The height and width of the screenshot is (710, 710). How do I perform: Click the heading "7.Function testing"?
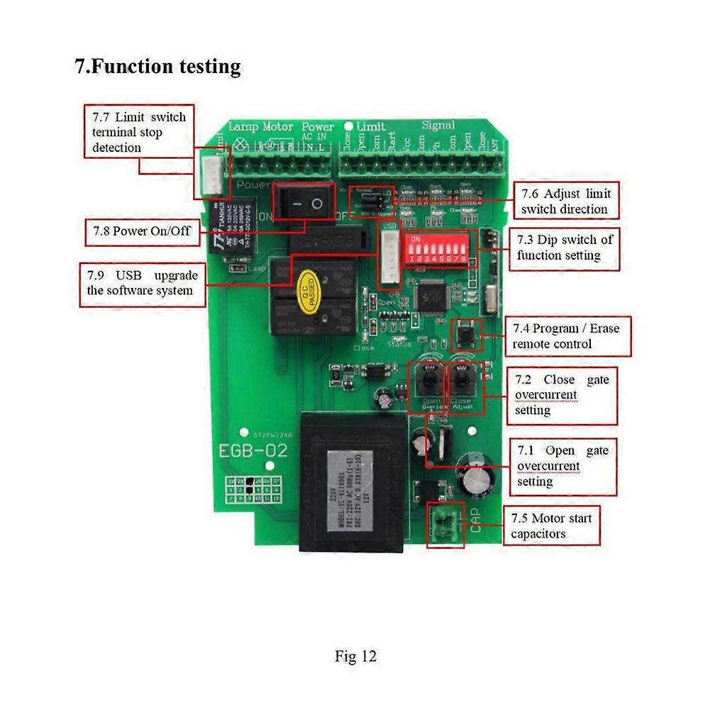[x=157, y=67]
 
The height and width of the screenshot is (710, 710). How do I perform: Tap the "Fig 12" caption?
[x=355, y=656]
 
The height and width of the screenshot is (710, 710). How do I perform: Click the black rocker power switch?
[x=304, y=203]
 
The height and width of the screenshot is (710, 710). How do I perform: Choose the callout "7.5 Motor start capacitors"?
[x=551, y=526]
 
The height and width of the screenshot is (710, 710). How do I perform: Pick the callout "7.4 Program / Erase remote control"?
[x=567, y=336]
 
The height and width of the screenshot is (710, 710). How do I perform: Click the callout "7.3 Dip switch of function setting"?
[x=565, y=248]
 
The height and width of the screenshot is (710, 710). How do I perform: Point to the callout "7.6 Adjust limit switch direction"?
[x=565, y=201]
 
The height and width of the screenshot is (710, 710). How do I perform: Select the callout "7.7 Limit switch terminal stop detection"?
[x=138, y=132]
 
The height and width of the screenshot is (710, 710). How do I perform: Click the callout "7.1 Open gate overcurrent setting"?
[x=562, y=466]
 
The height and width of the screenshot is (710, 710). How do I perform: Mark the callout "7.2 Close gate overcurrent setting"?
[x=562, y=395]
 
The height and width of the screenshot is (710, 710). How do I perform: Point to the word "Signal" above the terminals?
[x=438, y=126]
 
